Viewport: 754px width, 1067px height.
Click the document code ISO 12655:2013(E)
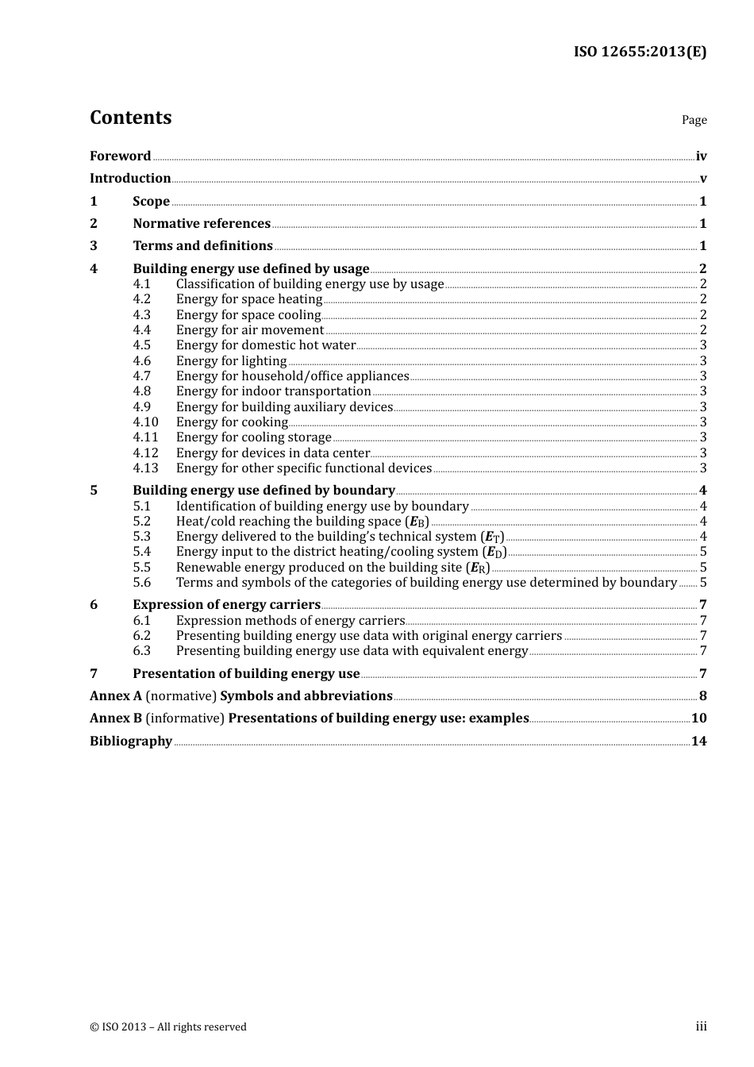coord(640,52)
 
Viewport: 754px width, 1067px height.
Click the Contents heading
coord(130,117)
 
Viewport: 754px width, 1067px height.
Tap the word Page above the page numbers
coord(694,120)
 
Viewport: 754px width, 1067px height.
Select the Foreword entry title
coord(120,156)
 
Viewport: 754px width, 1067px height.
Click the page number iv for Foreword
coord(701,156)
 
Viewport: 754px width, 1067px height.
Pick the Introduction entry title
coord(130,179)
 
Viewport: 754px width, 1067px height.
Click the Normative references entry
coord(202,224)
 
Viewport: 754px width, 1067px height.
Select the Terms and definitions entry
coord(202,246)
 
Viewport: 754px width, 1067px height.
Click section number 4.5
coord(142,345)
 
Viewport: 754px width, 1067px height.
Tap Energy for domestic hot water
coord(266,345)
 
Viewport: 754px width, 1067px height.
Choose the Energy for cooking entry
coord(232,422)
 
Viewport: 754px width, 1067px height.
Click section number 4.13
coord(145,468)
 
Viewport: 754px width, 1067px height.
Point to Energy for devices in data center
coord(273,453)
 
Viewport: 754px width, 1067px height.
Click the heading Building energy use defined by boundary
coord(264,491)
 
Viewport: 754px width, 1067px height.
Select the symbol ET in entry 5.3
coord(493,537)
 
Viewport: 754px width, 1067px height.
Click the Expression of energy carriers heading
coord(226,605)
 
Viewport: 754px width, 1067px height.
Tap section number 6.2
coord(142,636)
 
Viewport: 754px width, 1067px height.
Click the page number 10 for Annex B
coord(698,718)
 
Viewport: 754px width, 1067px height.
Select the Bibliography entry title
coord(131,742)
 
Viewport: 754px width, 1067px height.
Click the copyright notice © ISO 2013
coord(168,1027)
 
